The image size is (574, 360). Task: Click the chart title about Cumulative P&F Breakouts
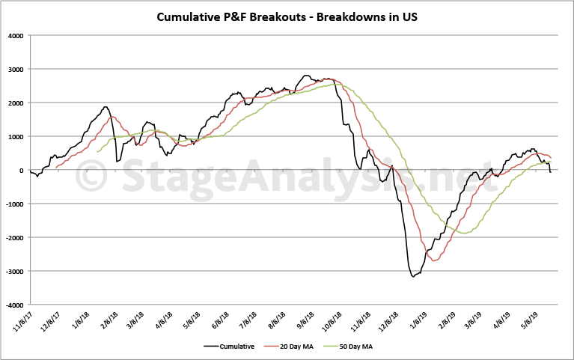287,16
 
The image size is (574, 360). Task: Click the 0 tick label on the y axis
22,171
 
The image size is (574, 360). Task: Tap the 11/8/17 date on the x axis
23,320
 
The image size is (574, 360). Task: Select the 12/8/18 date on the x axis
392,320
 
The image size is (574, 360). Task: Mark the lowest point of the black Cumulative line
412,277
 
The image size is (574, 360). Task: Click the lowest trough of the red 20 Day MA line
434,260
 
